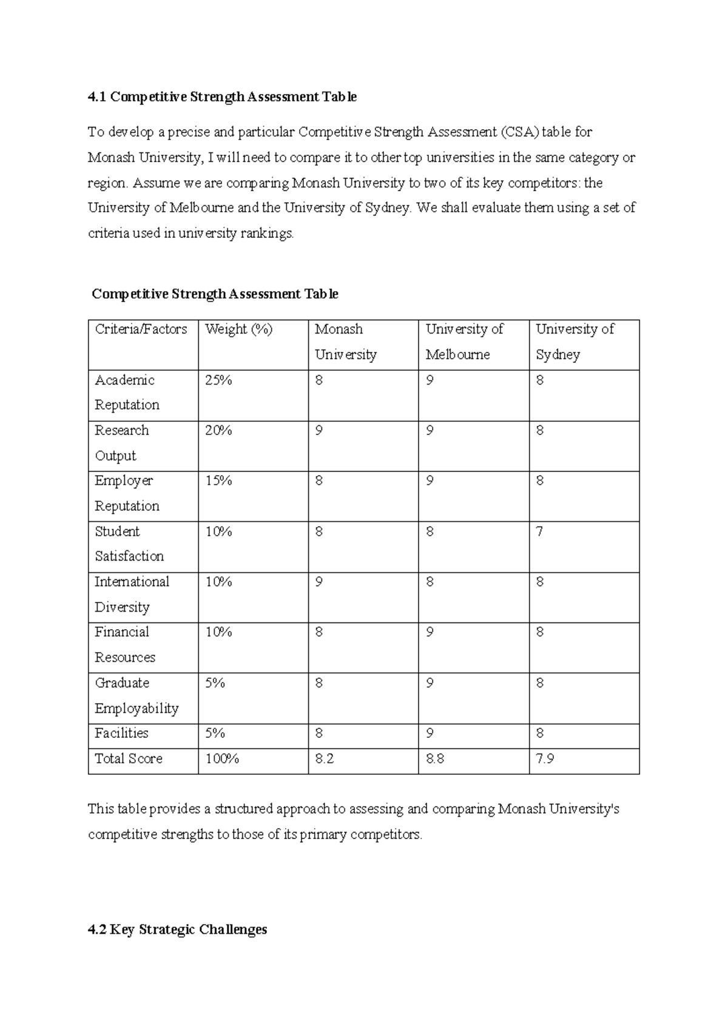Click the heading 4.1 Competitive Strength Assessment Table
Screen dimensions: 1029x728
click(x=222, y=97)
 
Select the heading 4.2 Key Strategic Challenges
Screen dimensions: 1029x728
click(x=177, y=929)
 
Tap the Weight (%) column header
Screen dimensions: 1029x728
click(x=239, y=329)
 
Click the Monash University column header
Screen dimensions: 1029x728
click(x=345, y=342)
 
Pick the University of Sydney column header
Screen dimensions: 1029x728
click(x=575, y=342)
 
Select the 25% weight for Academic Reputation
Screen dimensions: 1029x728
click(x=218, y=380)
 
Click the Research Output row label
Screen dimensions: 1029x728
click(x=121, y=443)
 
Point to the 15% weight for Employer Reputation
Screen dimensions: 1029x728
click(x=218, y=481)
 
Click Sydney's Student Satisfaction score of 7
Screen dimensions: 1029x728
click(x=539, y=532)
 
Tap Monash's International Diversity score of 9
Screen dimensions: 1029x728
click(x=319, y=582)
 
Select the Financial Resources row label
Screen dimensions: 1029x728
click(x=124, y=645)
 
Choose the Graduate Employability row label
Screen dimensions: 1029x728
click(x=136, y=696)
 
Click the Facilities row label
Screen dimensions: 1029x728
click(x=121, y=734)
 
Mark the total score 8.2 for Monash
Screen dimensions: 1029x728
click(x=325, y=759)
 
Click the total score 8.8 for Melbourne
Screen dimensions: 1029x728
click(x=435, y=759)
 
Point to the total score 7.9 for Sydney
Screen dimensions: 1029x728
click(x=545, y=759)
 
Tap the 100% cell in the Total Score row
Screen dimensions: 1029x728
click(x=222, y=759)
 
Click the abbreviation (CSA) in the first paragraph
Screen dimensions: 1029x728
click(x=519, y=132)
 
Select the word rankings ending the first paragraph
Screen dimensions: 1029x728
click(x=267, y=234)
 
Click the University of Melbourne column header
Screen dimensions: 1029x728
click(x=464, y=342)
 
